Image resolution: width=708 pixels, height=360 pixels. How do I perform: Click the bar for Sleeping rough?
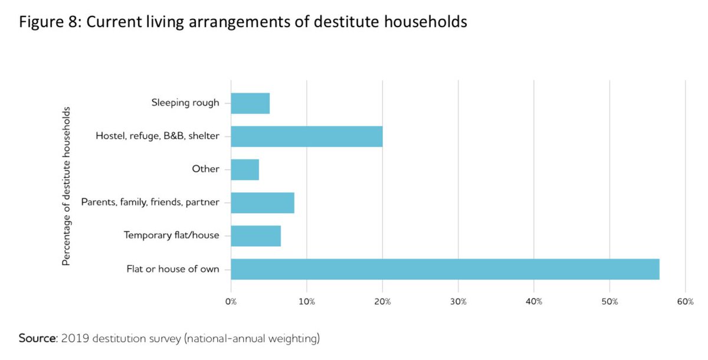pos(250,103)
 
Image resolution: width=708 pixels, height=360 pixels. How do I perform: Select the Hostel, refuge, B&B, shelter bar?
pos(307,136)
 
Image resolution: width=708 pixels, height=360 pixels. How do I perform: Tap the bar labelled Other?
pos(245,169)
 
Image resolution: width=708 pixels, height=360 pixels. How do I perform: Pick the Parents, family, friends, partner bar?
pos(263,202)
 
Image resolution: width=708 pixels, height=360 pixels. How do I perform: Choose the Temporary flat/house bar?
pos(256,235)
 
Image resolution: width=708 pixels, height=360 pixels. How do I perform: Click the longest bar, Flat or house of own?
pos(445,269)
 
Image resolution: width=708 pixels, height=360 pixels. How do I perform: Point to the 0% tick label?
pos(231,302)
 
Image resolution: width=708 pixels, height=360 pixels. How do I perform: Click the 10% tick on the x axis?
pos(307,302)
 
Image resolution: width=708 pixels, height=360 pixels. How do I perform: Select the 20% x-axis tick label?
pos(382,302)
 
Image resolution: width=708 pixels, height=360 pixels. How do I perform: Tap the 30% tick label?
pos(458,302)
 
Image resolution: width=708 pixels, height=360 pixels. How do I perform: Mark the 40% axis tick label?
pos(534,302)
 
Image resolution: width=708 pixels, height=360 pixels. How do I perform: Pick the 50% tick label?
pos(609,302)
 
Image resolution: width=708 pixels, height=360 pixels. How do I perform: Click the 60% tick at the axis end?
pos(685,302)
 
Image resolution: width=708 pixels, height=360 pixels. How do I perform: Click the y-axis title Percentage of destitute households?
pos(67,186)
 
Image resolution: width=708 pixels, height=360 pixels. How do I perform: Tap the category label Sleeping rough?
pos(185,103)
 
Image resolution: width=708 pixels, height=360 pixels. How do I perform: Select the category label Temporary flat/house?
pos(171,235)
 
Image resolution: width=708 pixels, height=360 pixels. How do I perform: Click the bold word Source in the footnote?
pos(38,339)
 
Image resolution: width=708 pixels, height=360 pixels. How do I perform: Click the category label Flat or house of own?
pos(173,269)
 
